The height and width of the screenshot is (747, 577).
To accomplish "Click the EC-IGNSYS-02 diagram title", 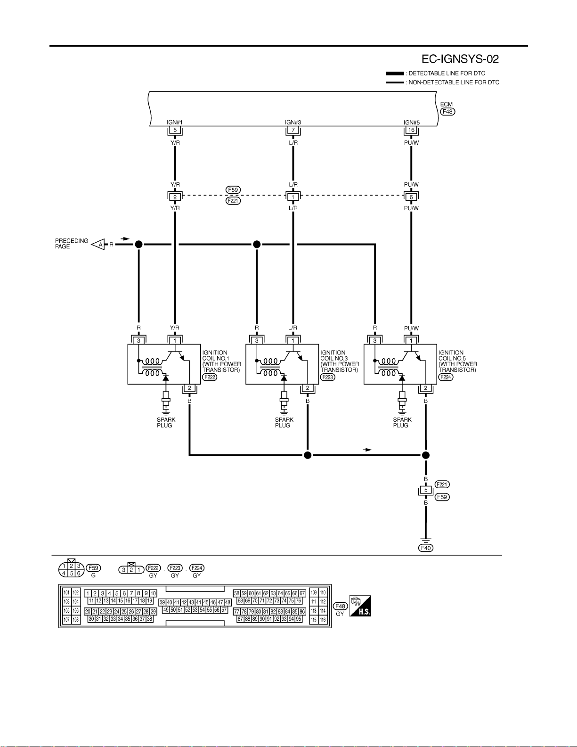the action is tap(460, 59).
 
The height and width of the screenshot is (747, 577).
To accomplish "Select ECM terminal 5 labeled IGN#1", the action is tap(175, 130).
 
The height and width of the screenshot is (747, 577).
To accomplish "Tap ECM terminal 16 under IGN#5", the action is tap(411, 130).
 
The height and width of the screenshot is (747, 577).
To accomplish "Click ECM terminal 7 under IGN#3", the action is tap(293, 130).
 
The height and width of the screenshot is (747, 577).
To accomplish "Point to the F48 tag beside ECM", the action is tap(447, 112).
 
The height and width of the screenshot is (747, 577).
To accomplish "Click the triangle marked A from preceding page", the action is tap(98, 245).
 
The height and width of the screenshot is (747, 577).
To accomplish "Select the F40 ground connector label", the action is tap(425, 548).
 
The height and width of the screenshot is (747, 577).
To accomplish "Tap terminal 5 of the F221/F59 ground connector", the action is tap(425, 490).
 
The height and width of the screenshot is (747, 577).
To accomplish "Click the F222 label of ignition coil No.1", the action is tap(210, 377).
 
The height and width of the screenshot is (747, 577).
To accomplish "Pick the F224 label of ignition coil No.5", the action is tap(446, 377).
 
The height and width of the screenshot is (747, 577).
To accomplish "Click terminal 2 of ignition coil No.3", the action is tap(308, 388).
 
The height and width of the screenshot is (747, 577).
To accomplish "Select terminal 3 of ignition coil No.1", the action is tap(139, 341).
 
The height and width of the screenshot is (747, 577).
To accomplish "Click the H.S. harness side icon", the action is tap(360, 606).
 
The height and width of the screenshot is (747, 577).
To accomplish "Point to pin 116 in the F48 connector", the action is tap(323, 620).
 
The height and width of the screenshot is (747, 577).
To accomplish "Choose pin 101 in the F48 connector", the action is tap(66, 592).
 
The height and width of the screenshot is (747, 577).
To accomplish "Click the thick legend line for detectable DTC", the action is tap(395, 73).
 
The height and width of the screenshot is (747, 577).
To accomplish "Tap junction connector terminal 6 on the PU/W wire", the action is tap(411, 197).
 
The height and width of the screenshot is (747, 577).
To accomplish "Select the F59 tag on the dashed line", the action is tap(233, 190).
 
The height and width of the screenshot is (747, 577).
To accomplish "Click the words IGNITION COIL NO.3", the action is tap(334, 355).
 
